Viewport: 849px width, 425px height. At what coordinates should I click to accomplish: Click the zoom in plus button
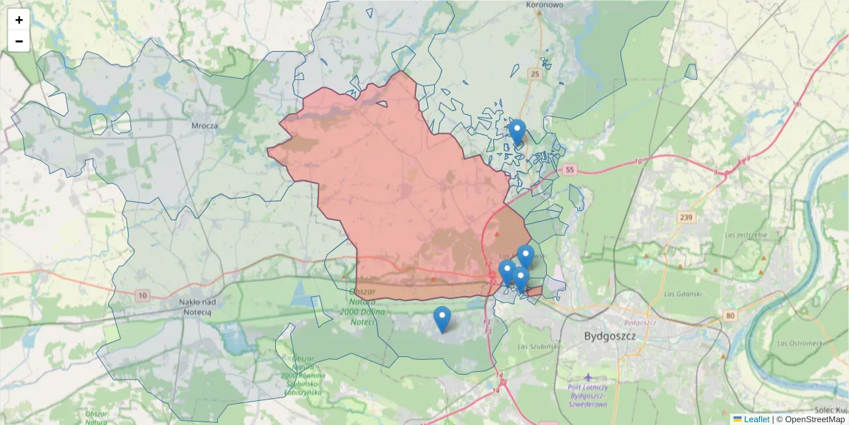(x=19, y=20)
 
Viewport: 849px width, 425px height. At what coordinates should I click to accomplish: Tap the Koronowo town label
(x=545, y=5)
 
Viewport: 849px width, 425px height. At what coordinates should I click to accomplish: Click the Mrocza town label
(x=204, y=125)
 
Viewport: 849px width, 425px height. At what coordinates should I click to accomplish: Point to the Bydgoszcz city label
(x=610, y=335)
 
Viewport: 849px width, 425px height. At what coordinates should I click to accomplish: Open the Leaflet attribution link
(x=756, y=419)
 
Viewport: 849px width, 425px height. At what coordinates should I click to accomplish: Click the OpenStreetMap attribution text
(x=810, y=419)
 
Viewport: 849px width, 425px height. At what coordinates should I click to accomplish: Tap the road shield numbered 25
(x=535, y=74)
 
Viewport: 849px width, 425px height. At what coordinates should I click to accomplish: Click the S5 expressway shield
(x=570, y=170)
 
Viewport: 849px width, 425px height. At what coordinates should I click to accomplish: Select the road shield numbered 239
(x=684, y=217)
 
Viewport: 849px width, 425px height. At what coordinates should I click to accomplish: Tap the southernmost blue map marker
(x=442, y=319)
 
